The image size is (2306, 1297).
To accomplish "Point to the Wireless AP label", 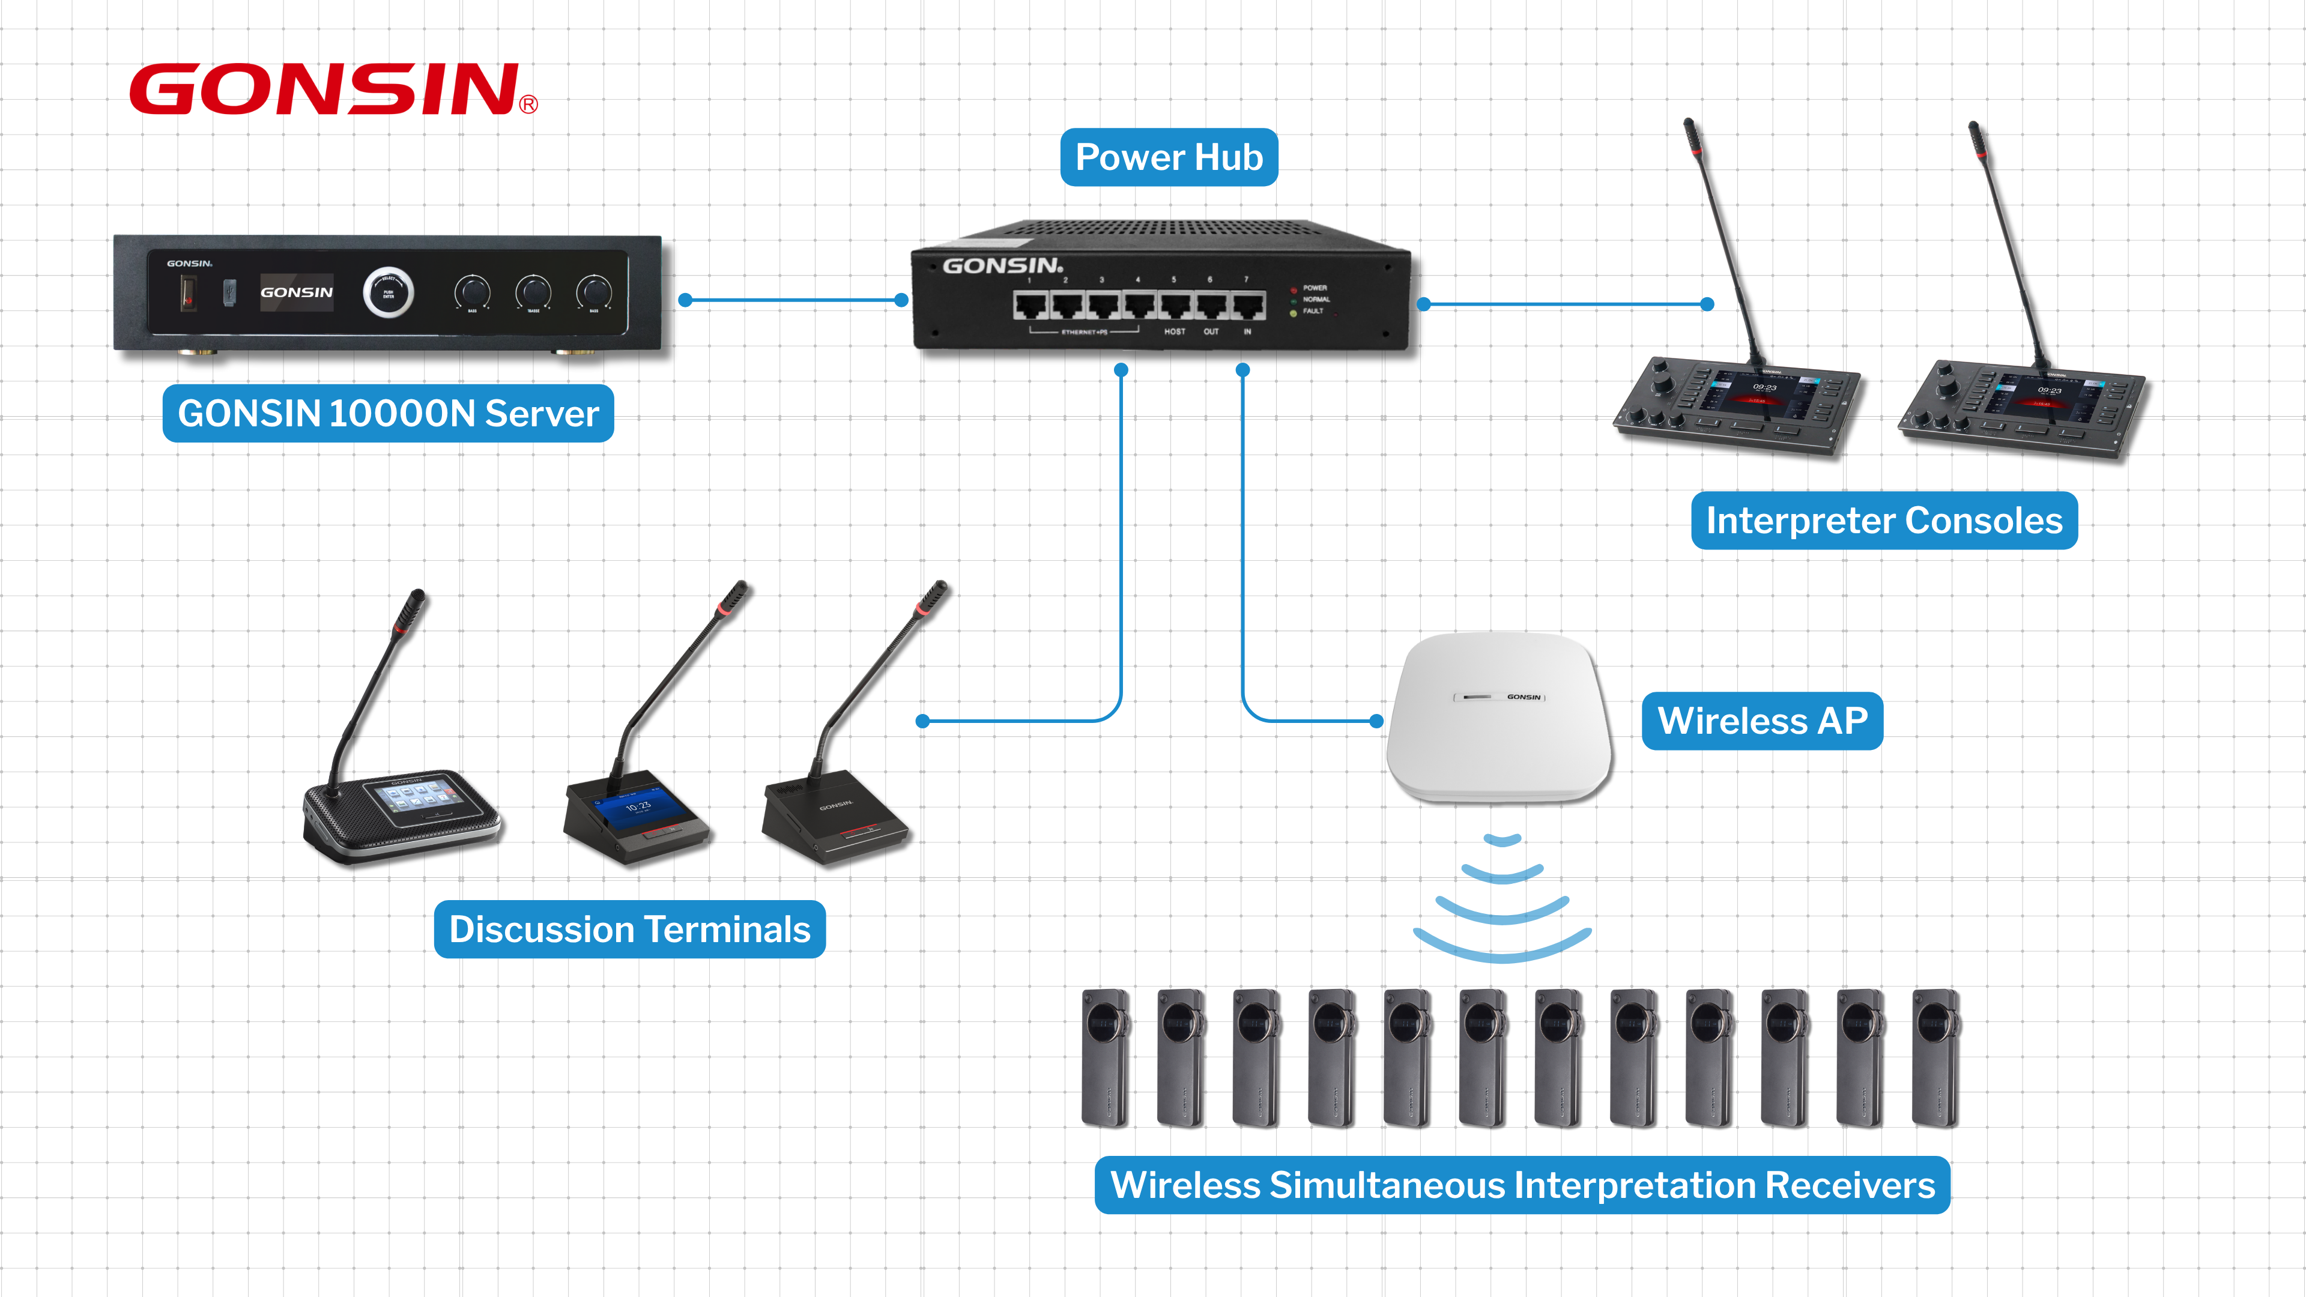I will tap(1762, 721).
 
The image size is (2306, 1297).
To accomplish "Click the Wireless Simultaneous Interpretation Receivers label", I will tap(1522, 1185).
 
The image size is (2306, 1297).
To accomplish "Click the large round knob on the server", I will tap(387, 292).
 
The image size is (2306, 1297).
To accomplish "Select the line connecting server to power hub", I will tap(793, 300).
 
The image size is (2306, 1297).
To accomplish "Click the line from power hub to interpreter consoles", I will tap(1565, 304).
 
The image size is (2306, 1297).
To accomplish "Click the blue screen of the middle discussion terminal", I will tap(637, 808).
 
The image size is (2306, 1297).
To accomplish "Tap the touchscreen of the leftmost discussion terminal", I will tap(414, 795).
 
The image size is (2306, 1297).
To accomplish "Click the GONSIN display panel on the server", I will tap(296, 292).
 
